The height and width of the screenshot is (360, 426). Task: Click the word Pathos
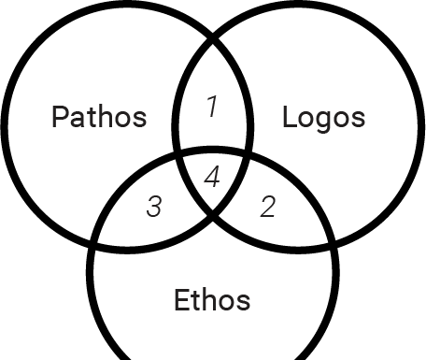[99, 117]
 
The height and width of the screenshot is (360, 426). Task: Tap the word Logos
[323, 117]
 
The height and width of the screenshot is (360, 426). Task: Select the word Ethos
[212, 300]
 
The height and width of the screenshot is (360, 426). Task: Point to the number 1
[212, 108]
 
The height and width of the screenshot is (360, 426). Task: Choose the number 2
[267, 207]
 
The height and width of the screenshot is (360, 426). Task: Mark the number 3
[154, 207]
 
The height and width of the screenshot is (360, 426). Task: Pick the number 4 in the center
[212, 177]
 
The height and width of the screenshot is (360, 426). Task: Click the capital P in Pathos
[61, 117]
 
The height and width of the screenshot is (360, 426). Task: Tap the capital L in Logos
[289, 117]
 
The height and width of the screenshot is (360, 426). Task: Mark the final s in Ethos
[244, 302]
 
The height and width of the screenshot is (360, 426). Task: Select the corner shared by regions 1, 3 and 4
[177, 152]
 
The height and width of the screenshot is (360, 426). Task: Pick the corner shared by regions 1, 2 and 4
[248, 152]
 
